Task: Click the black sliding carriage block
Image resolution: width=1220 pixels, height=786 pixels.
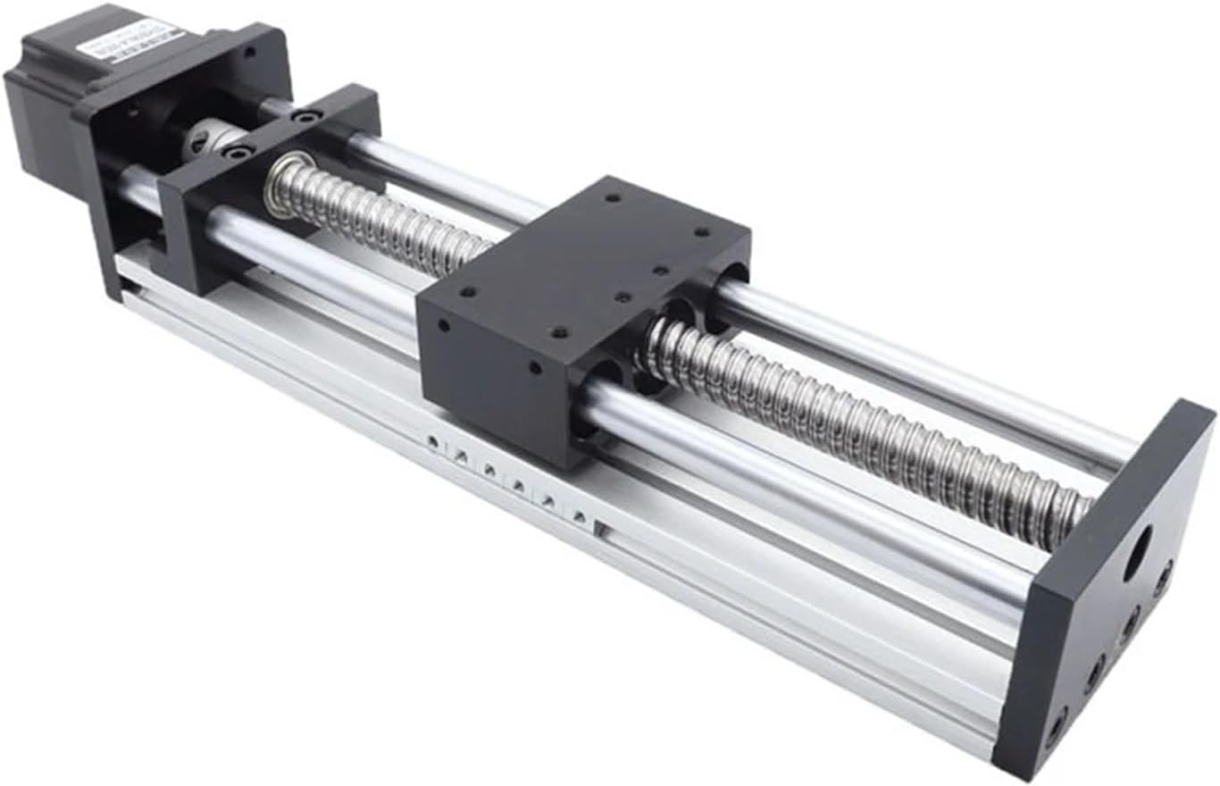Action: click(x=572, y=304)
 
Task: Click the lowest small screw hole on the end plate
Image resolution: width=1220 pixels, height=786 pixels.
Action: click(x=1058, y=715)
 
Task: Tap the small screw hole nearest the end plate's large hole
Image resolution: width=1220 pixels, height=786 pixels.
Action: click(x=1162, y=578)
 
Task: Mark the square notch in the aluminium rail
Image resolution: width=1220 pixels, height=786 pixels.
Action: click(x=601, y=530)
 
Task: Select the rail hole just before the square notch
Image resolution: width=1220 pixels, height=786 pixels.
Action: click(x=580, y=515)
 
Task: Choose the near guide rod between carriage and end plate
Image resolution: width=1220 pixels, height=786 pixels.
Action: click(x=804, y=500)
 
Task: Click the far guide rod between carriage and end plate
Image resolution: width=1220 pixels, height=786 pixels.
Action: click(x=920, y=366)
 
